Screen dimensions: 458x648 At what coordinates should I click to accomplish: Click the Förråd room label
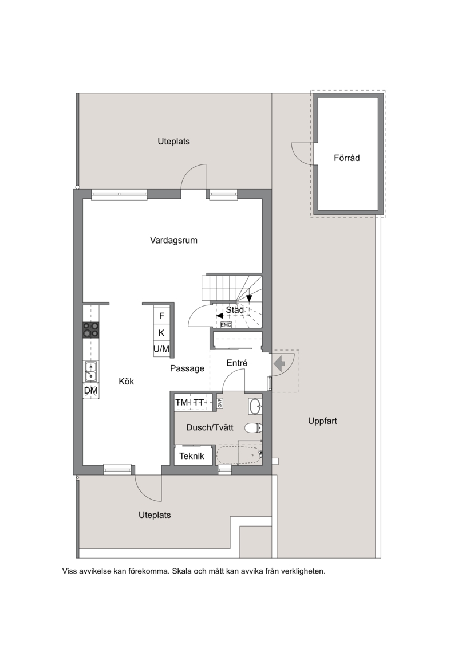(x=346, y=158)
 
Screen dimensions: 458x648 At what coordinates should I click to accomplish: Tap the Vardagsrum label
(x=173, y=240)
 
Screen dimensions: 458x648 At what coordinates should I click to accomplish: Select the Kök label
(x=127, y=381)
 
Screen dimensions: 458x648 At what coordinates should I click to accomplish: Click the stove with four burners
(x=91, y=330)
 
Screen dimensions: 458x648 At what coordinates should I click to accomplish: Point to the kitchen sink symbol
(x=91, y=371)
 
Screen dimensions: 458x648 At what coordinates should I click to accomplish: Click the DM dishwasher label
(x=91, y=391)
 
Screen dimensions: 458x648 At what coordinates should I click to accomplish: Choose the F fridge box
(x=162, y=316)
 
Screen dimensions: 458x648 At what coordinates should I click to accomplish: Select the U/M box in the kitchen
(x=161, y=349)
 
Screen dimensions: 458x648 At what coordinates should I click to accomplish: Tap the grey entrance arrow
(x=279, y=364)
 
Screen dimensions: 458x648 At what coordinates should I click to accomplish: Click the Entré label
(x=237, y=363)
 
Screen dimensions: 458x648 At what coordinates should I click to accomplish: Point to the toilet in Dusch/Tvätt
(x=253, y=428)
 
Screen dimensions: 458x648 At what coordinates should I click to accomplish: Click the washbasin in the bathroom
(x=255, y=406)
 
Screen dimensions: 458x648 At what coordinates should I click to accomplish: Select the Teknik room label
(x=192, y=456)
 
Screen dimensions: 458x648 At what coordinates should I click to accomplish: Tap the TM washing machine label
(x=181, y=403)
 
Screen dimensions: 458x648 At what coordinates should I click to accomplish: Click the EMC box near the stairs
(x=226, y=325)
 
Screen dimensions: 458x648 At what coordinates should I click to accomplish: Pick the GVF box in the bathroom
(x=220, y=403)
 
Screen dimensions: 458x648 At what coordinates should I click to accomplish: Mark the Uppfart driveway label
(x=322, y=421)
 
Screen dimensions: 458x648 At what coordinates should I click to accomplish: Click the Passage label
(x=187, y=368)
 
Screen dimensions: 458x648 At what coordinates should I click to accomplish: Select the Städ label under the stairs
(x=235, y=309)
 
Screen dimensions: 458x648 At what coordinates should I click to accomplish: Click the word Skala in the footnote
(x=181, y=571)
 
